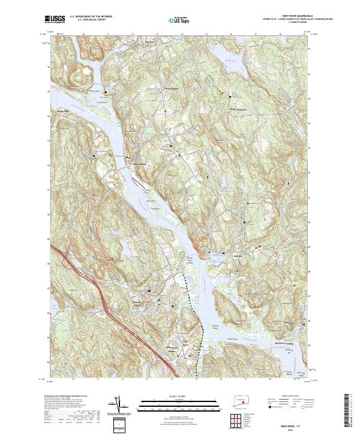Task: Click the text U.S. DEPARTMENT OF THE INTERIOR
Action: pos(91,17)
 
